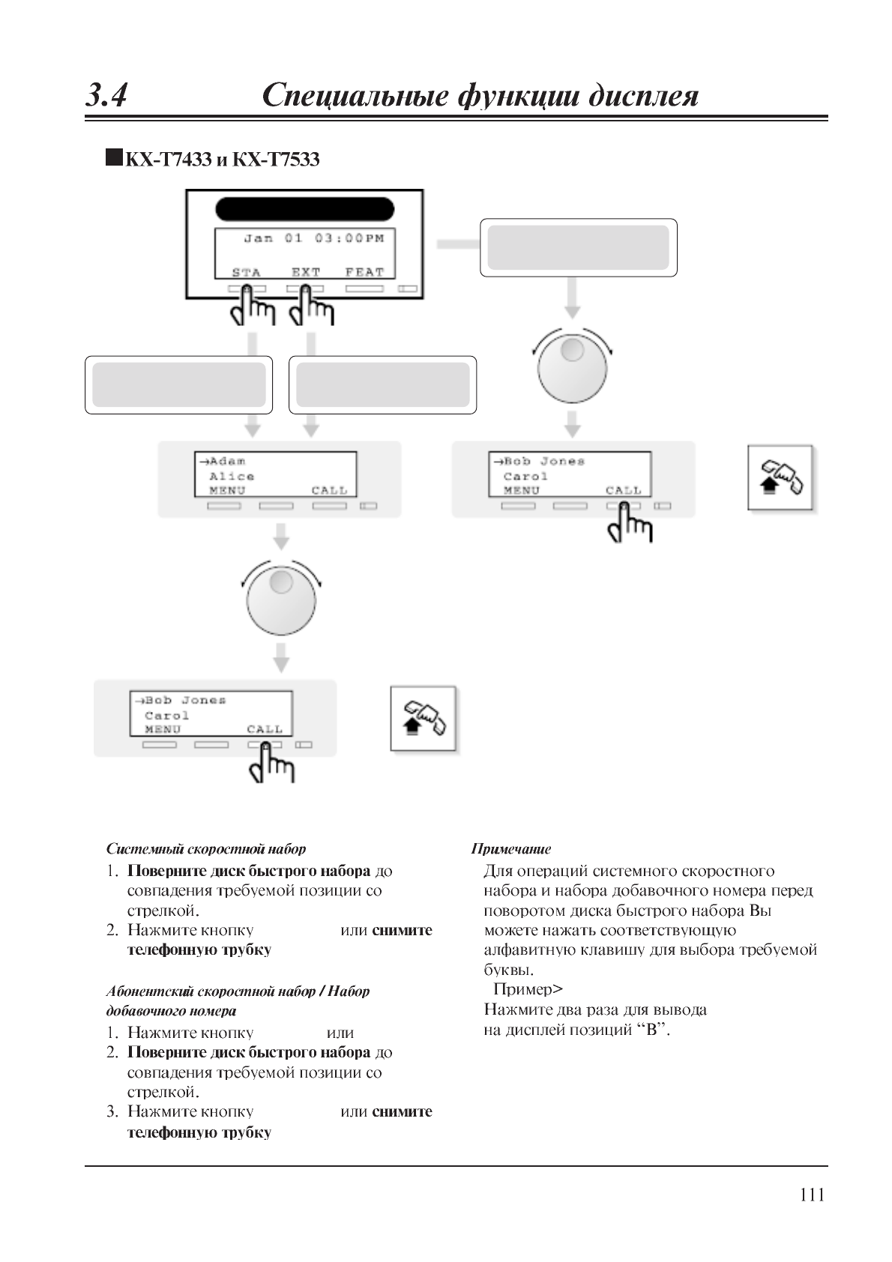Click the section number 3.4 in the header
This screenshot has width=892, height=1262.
coord(106,96)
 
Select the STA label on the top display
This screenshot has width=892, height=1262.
coord(246,272)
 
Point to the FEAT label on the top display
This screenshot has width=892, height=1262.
coord(364,272)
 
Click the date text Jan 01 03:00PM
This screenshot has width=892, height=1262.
coord(313,238)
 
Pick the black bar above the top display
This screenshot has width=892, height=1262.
coord(304,209)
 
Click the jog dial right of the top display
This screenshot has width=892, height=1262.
coord(572,365)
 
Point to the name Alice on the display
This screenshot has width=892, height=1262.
coord(232,476)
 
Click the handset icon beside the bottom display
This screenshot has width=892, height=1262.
coord(424,718)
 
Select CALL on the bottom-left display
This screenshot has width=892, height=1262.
coord(265,729)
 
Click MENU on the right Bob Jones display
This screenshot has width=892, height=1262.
coord(522,490)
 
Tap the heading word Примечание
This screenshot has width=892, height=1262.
coord(510,849)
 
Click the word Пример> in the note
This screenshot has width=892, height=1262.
coord(528,989)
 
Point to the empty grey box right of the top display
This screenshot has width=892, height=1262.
coord(578,247)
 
